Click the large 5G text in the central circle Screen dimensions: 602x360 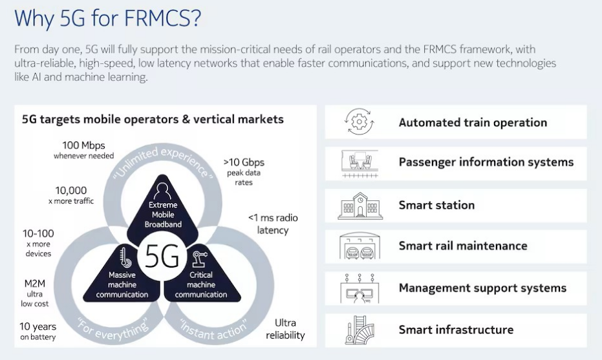[162, 256]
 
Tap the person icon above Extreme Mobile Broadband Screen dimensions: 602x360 [162, 191]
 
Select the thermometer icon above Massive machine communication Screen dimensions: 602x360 [125, 257]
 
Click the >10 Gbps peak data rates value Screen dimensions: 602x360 [244, 171]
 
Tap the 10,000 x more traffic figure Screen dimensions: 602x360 [71, 195]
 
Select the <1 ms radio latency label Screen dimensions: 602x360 [273, 224]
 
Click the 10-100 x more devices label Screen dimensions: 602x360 [38, 243]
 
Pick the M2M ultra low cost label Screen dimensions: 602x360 [34, 293]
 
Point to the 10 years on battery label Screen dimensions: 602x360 [38, 331]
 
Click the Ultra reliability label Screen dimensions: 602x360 [285, 329]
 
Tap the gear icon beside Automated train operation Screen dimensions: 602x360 [359, 122]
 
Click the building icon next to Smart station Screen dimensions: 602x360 [360, 206]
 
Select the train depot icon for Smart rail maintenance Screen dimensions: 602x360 [360, 246]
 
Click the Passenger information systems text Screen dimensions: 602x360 [486, 162]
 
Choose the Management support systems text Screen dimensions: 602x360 [482, 288]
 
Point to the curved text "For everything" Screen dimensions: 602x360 [113, 330]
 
